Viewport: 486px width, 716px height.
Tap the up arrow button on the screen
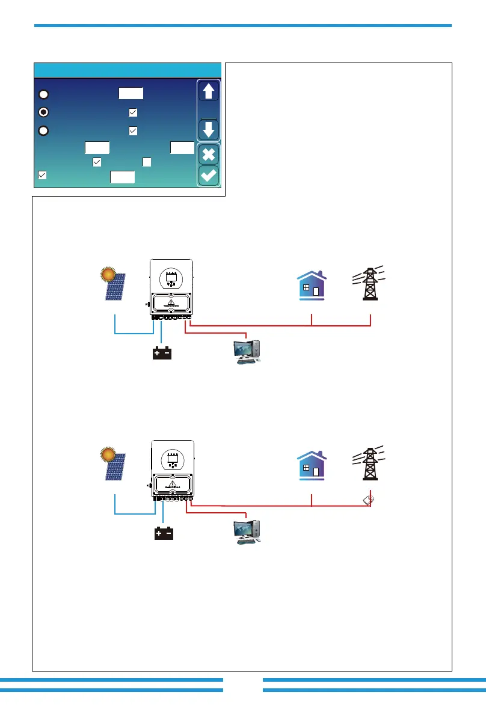point(209,92)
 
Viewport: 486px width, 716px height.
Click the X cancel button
point(209,155)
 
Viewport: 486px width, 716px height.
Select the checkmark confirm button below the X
point(209,176)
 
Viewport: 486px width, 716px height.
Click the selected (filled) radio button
point(43,112)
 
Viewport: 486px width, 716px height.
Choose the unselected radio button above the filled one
point(43,94)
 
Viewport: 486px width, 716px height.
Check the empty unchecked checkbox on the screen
point(147,162)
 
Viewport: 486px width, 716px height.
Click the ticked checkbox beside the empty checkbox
point(97,162)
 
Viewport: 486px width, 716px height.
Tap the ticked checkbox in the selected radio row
point(133,112)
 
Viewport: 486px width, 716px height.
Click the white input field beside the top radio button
point(131,93)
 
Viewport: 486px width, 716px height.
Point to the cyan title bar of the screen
point(128,70)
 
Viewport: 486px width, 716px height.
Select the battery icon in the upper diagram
point(162,353)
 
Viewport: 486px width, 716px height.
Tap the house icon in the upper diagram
point(312,284)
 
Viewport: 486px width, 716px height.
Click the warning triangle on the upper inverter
point(172,303)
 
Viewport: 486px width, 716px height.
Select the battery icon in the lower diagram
point(162,533)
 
